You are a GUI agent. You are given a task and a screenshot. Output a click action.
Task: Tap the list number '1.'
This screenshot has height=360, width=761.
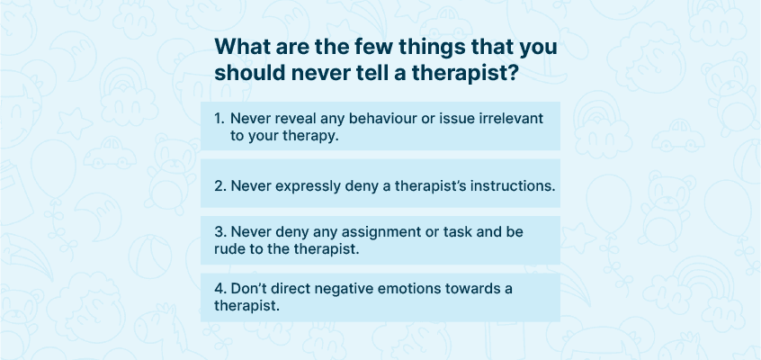[x=220, y=119]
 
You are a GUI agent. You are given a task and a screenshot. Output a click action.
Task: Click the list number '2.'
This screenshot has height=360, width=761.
[x=220, y=186]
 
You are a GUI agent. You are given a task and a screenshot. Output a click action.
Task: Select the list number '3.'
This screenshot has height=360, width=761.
[x=220, y=232]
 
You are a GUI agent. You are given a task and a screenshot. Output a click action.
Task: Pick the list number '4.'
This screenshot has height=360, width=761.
[x=220, y=289]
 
